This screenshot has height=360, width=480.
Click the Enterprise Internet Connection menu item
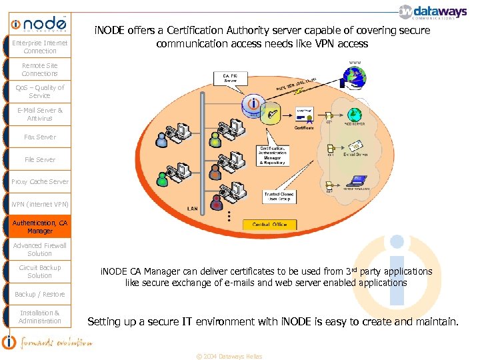tap(40, 47)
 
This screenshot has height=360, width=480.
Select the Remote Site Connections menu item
tap(40, 69)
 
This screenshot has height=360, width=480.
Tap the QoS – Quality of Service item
tap(40, 91)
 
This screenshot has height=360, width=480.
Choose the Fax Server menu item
tap(40, 137)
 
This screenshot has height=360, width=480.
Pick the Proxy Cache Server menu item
tap(40, 181)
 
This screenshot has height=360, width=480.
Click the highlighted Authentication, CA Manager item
tap(40, 227)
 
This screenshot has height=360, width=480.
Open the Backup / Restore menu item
tap(40, 294)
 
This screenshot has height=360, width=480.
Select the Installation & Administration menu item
tap(40, 317)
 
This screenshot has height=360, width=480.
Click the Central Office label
tap(270, 225)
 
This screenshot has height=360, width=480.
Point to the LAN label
tap(193, 209)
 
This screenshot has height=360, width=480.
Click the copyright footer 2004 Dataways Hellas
tap(229, 356)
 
